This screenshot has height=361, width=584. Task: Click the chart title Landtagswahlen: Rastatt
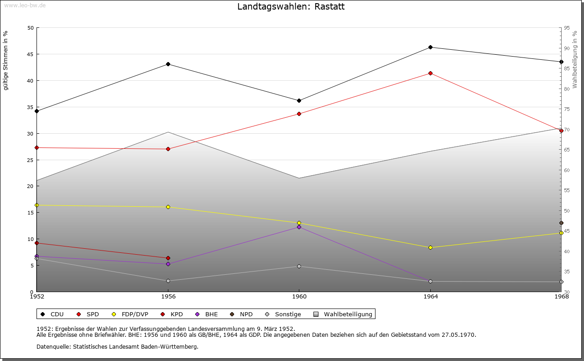click(291, 7)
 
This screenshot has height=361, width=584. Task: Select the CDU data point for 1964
click(430, 47)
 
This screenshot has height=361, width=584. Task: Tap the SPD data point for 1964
click(430, 73)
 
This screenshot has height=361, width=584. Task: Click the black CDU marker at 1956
click(168, 64)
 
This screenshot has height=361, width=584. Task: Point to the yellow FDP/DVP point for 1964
click(430, 247)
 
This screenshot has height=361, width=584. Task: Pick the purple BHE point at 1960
click(299, 227)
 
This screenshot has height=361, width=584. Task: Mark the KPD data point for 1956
click(168, 258)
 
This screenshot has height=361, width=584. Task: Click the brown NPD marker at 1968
click(561, 223)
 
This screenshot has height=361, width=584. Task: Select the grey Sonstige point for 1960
click(299, 266)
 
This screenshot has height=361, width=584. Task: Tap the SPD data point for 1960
click(299, 114)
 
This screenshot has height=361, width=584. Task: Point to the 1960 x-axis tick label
click(299, 296)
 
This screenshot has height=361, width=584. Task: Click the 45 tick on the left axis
click(31, 54)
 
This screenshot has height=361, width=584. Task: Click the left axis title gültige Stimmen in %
click(5, 61)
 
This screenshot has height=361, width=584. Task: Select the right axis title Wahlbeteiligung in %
click(575, 60)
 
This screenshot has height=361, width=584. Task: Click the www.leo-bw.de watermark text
click(24, 5)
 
